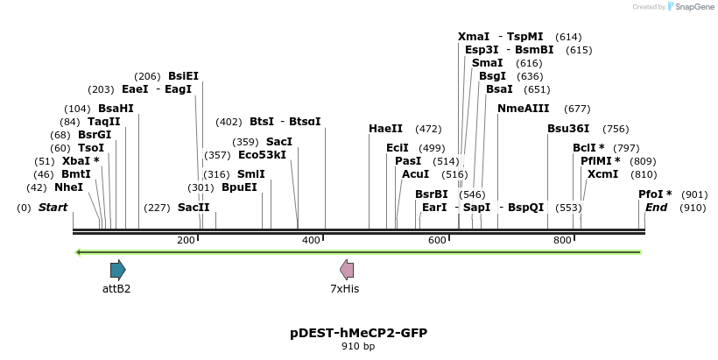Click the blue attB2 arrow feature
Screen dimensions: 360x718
[x=117, y=269]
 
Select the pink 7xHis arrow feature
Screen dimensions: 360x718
[x=347, y=269]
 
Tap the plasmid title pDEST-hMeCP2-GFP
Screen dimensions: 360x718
[x=358, y=333]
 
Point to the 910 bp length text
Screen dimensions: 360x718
[x=358, y=347]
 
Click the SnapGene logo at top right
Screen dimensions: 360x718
[x=691, y=7]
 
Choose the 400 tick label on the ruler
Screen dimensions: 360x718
[x=311, y=240]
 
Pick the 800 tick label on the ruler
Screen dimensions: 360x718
[x=563, y=240]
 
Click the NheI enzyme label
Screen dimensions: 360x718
[x=68, y=187]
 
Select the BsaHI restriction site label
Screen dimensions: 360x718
[x=116, y=109]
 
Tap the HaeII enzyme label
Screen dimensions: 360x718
[x=385, y=129]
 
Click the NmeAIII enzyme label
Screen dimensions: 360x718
[x=523, y=109]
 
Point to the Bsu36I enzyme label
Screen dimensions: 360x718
[x=568, y=129]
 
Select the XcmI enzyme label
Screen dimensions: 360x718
[x=602, y=174]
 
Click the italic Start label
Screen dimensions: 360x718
[x=53, y=208]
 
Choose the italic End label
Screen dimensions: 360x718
[x=656, y=208]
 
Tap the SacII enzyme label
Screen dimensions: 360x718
[x=194, y=208]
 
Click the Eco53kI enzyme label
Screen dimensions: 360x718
[x=262, y=155]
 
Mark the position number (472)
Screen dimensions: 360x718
[x=428, y=129]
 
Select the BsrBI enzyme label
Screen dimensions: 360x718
[x=431, y=194]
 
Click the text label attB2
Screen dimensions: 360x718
[x=116, y=288]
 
